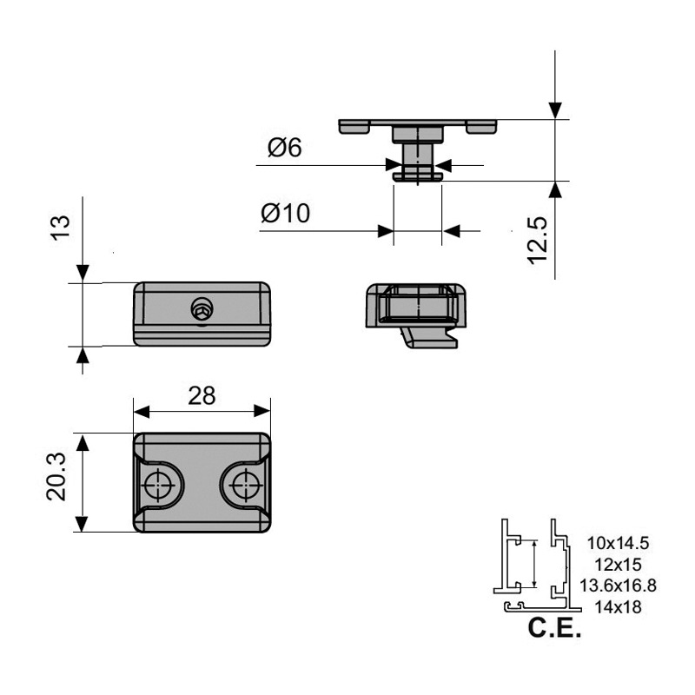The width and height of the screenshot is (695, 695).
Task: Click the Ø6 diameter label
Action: [x=284, y=149]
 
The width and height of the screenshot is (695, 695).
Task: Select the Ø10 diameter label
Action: [x=285, y=214]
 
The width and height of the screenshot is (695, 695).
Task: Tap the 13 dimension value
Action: [x=58, y=223]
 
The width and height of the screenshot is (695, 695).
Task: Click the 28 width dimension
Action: [x=202, y=395]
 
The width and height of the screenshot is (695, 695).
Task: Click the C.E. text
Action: [x=554, y=629]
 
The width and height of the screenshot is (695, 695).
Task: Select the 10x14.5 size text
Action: [x=619, y=544]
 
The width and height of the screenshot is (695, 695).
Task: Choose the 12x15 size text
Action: [x=618, y=565]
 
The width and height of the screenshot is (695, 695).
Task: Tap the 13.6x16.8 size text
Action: [x=618, y=586]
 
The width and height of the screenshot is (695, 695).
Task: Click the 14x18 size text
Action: [x=618, y=607]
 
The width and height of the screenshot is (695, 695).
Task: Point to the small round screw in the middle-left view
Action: [x=202, y=308]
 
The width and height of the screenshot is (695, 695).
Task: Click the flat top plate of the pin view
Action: [x=417, y=122]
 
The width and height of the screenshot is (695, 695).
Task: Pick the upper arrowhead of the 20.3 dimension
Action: [x=82, y=442]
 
